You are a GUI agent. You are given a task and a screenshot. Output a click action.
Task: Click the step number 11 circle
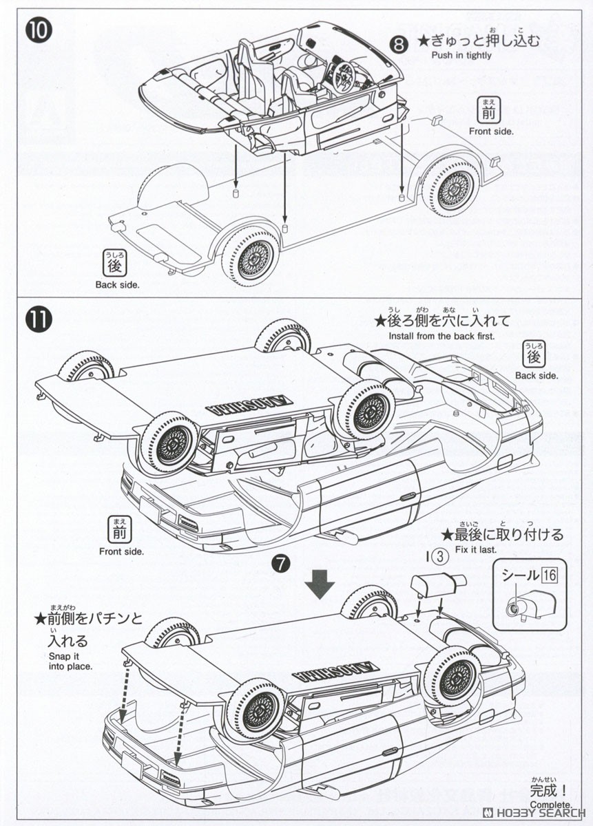click(x=39, y=321)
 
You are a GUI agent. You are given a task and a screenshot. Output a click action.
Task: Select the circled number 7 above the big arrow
click(x=280, y=562)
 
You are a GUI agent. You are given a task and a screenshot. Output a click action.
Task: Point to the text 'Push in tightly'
click(x=461, y=56)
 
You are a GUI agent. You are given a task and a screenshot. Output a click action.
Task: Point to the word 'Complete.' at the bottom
click(x=550, y=805)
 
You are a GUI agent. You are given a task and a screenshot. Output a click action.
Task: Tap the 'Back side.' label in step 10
click(x=117, y=284)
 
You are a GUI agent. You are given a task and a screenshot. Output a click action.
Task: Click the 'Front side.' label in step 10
click(x=491, y=131)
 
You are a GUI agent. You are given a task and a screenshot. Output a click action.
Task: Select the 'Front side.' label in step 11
click(x=121, y=551)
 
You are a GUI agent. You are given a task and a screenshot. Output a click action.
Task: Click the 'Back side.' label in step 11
click(x=536, y=376)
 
